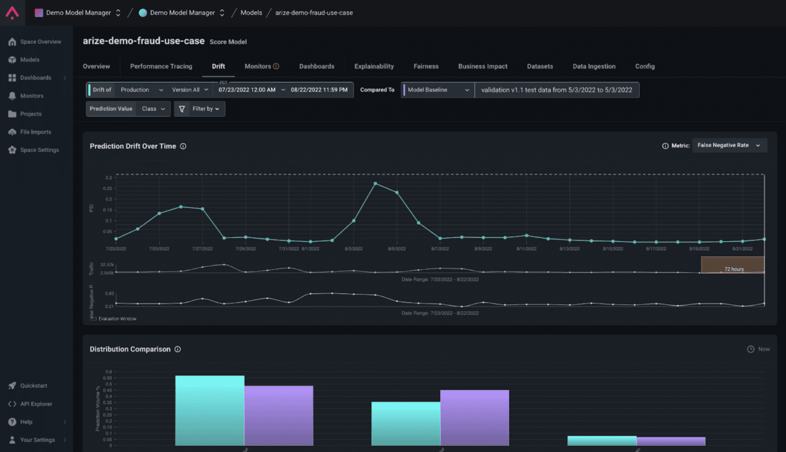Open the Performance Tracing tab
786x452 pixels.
point(161,66)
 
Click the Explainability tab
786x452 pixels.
point(374,66)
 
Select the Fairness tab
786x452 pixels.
point(426,66)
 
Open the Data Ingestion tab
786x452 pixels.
point(594,66)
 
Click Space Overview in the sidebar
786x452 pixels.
point(40,42)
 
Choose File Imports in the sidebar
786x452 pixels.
point(35,132)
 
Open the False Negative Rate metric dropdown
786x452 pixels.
point(729,146)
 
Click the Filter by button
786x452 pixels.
point(200,109)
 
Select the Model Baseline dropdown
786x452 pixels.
point(438,90)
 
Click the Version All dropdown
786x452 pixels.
point(190,90)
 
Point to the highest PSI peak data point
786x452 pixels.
point(375,184)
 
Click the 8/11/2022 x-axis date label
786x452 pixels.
point(526,249)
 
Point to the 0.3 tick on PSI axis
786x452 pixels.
point(108,178)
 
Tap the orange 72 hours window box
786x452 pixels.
point(733,265)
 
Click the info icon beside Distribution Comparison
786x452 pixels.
point(178,349)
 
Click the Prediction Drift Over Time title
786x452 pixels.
point(133,146)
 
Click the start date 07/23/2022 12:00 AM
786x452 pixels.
point(247,90)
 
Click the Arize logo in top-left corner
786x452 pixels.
point(12,12)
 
